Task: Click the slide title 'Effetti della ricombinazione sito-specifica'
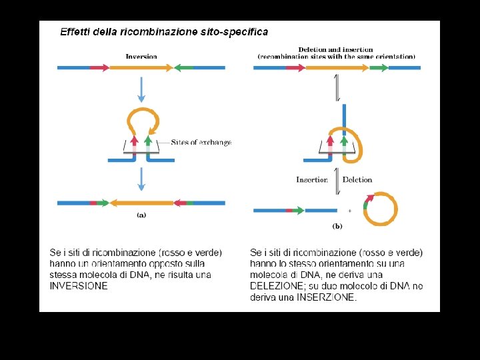164,31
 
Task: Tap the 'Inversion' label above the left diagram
141,57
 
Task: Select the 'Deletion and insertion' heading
335,49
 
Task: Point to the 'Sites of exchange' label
201,143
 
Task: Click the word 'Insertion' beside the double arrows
312,179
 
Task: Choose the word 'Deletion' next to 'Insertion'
357,179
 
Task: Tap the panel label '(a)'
141,215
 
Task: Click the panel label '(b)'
337,227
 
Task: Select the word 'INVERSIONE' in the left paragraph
79,285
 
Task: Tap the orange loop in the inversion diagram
143,121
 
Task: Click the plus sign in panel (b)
349,211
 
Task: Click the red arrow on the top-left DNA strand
99,67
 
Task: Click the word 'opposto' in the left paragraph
137,264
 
